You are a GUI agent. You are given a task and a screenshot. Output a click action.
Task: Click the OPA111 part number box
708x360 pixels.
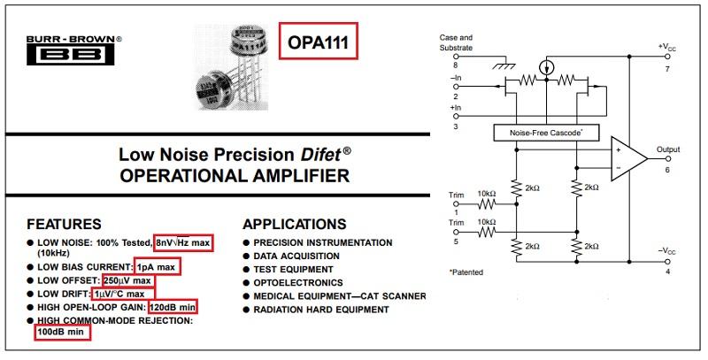coord(319,41)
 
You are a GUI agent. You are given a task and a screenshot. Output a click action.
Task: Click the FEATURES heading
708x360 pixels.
coord(64,224)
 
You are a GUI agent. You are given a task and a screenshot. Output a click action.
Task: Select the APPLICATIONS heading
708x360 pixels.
coord(295,224)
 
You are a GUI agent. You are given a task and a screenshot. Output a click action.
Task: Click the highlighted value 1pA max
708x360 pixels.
coord(158,267)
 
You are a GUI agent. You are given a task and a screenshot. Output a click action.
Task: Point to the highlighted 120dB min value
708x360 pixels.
coord(173,307)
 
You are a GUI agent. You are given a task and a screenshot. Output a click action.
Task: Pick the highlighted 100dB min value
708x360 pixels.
coord(62,332)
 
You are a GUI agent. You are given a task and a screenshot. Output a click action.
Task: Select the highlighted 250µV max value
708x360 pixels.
coord(128,280)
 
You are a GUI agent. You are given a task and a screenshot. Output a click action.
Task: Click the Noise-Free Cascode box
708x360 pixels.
coord(546,133)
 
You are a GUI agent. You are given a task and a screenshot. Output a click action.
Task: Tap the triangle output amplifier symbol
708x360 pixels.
coord(628,159)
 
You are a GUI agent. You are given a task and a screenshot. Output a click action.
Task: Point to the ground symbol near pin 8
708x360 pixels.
coord(504,66)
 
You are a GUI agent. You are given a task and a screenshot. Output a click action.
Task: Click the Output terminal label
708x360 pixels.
coord(668,149)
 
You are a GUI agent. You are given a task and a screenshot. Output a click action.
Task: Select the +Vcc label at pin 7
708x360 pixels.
coord(667,47)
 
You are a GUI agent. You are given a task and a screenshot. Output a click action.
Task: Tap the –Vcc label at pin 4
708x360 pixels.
coord(667,251)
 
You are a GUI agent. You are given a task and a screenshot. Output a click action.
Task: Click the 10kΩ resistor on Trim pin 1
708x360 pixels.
coord(486,204)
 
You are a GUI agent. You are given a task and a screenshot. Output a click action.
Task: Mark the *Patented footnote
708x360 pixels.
coord(466,272)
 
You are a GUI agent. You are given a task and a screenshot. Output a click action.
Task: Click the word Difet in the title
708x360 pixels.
coord(320,155)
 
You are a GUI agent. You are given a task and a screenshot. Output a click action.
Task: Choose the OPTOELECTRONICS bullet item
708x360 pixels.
coord(298,283)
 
